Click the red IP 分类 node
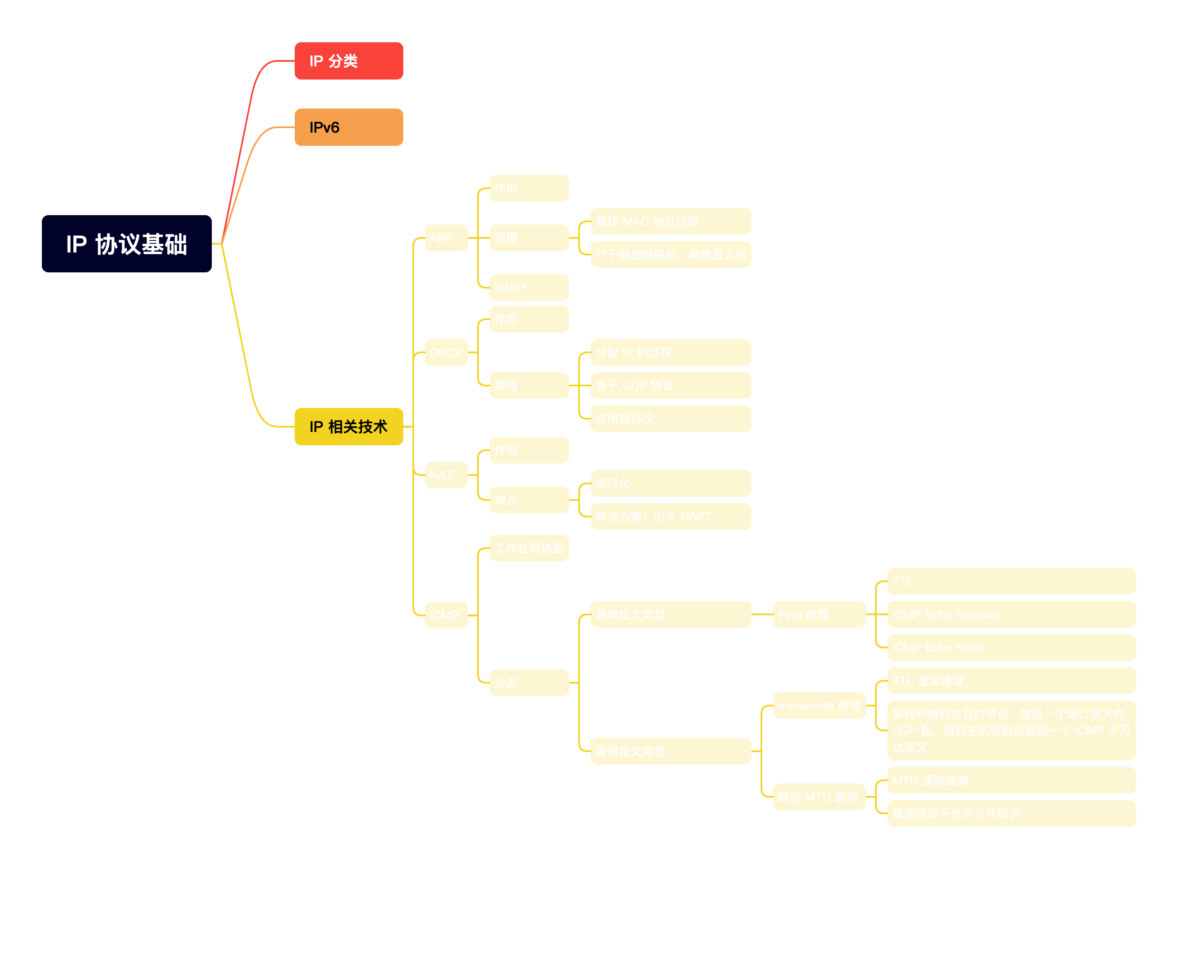pos(349,61)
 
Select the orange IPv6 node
pos(349,127)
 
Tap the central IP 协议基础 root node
pos(126,244)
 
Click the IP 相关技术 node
pos(349,427)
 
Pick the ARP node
pos(446,238)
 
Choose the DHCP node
pos(446,352)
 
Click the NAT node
pos(446,475)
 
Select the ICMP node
pos(446,615)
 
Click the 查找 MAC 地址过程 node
pos(671,221)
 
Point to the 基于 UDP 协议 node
pos(671,386)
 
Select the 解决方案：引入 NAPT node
pos(671,517)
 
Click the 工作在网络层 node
pos(528,548)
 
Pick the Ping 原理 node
pos(819,614)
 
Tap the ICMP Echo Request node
pos(1011,614)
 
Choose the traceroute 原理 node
pos(819,706)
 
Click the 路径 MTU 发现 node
pos(819,797)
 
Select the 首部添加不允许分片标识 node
pos(1011,813)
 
